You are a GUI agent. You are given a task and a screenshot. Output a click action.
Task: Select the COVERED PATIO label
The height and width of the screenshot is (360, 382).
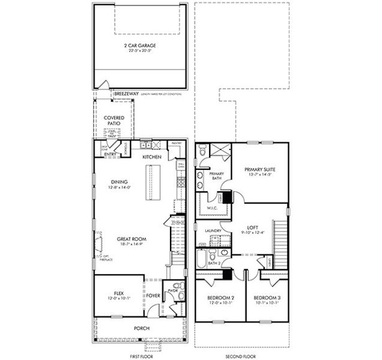coord(114,121)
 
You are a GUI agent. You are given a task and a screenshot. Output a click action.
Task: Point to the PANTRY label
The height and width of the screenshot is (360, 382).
coord(176,143)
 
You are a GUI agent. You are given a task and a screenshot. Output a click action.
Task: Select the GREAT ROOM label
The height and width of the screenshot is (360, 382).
coord(132,239)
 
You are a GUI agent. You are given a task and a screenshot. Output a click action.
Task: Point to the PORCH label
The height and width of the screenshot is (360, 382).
coord(142,328)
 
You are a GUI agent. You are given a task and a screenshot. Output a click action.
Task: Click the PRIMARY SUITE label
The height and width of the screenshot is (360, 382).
coord(259,170)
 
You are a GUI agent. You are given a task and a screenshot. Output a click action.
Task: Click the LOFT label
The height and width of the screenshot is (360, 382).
coord(253,227)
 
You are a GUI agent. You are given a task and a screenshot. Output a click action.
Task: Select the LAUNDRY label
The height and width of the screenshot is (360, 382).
coord(213,230)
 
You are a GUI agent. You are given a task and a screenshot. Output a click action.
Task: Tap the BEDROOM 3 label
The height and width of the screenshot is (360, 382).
coord(266,298)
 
